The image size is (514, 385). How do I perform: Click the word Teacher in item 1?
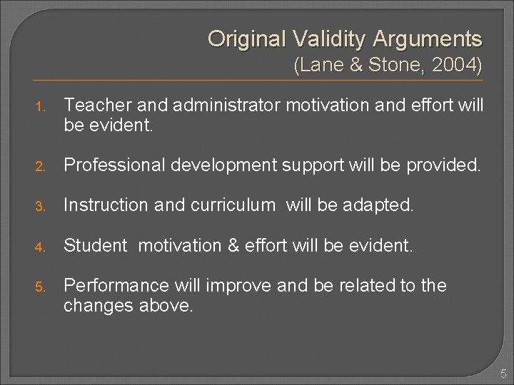click(91, 106)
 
